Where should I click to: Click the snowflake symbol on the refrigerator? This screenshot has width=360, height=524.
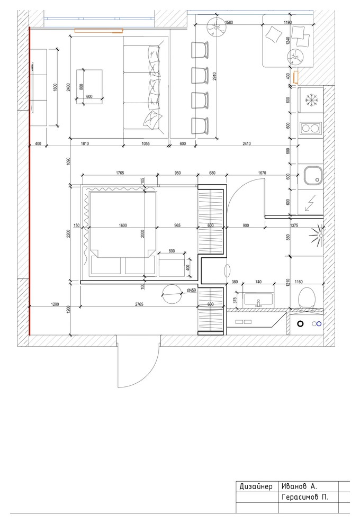[311, 100]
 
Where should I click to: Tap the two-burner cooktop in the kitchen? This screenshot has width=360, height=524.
[311, 128]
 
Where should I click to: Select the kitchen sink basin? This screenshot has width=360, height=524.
[313, 176]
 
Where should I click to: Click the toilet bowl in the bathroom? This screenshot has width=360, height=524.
[306, 298]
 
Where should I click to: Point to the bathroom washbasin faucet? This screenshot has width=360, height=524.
[258, 303]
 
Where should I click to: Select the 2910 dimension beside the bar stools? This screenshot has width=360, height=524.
[214, 77]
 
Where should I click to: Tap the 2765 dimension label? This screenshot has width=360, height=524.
[139, 304]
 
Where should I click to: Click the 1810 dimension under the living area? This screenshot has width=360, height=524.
[85, 143]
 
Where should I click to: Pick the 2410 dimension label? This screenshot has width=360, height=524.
[246, 143]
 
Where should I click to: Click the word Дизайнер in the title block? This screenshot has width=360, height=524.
[256, 486]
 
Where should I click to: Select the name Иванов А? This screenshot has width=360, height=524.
[299, 486]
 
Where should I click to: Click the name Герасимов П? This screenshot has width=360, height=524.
[305, 497]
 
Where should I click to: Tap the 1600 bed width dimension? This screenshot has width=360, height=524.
[123, 225]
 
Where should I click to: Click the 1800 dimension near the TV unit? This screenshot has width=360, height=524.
[56, 87]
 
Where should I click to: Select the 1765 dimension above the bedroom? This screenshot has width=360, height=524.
[120, 173]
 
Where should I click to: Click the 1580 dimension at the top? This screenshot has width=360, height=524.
[229, 22]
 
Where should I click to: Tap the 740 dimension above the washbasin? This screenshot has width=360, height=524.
[258, 282]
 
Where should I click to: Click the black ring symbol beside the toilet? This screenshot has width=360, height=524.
[301, 323]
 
